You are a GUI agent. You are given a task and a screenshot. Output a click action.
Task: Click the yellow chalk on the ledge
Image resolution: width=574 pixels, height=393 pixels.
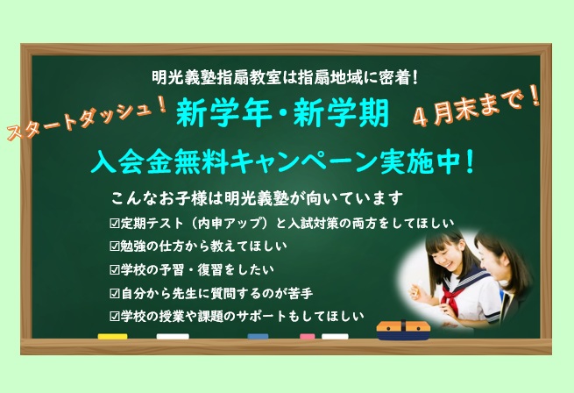[x=112, y=336]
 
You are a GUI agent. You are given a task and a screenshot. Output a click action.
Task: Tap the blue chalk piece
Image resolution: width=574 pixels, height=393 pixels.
[x=258, y=336]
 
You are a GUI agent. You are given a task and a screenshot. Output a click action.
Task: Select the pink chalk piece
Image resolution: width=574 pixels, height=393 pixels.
[x=307, y=336]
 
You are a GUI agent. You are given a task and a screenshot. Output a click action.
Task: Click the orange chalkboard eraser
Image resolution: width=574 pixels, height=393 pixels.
[x=403, y=330]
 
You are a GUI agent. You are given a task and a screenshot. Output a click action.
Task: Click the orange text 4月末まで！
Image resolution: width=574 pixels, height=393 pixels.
[x=477, y=107]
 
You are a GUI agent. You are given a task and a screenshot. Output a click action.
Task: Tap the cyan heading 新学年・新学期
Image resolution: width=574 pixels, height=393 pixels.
[x=282, y=113]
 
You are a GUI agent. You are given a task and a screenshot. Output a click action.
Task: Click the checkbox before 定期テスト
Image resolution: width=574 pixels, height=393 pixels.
[x=115, y=224]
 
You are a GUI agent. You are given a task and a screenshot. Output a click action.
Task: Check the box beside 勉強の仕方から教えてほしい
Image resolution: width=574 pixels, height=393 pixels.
[x=115, y=247]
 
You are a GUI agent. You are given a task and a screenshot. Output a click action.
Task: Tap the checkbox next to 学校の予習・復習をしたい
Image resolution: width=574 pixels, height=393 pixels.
[x=115, y=270]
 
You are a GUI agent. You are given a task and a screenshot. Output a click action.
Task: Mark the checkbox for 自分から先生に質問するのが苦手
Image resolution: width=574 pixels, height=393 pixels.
[x=115, y=293]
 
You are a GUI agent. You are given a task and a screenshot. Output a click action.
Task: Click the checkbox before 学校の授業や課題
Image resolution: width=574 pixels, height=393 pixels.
[x=115, y=316]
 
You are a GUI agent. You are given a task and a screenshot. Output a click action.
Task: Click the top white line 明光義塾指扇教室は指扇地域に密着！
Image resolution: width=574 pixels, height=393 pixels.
[x=285, y=77]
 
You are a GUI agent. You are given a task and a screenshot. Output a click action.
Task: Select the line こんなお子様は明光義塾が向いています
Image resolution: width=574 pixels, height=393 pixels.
[x=257, y=198]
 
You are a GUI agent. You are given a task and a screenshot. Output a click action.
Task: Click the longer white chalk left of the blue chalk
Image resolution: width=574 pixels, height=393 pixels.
[x=173, y=336]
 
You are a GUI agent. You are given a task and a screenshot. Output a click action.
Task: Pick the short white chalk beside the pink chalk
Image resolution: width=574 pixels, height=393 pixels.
[x=335, y=336]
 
